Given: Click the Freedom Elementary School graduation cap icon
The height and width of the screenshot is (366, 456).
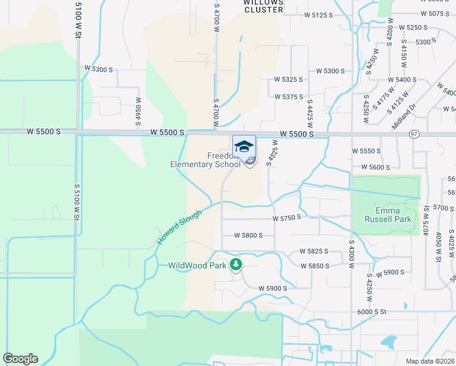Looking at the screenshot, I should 244,146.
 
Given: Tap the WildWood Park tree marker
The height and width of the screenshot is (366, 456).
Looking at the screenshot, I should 236,265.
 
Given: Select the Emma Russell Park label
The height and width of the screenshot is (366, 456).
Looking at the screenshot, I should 388,214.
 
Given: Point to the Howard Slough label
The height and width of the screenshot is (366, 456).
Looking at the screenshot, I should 179,226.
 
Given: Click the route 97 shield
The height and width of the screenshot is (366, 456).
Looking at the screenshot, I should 414,134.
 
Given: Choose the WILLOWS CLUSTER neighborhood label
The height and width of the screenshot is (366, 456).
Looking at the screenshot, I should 263,6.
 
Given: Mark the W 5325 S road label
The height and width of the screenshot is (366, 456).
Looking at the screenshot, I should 289,79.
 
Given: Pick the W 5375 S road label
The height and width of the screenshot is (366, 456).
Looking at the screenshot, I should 289,96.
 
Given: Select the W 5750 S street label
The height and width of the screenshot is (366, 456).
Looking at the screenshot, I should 287,218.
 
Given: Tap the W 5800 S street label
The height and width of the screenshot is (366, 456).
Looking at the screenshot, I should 248,235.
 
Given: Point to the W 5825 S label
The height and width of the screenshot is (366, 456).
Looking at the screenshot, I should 313,251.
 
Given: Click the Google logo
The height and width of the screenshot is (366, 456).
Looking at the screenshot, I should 20,359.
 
